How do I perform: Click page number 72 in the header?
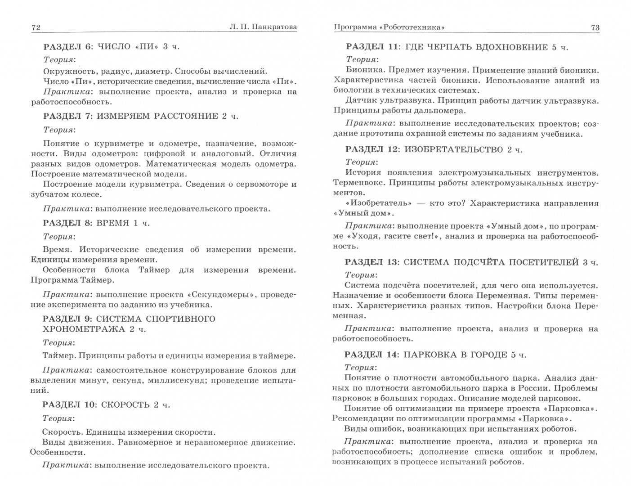click(x=36, y=28)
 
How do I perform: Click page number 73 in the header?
click(x=595, y=28)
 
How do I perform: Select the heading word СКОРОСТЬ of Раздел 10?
click(x=125, y=405)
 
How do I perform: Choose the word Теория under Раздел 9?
click(x=58, y=342)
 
